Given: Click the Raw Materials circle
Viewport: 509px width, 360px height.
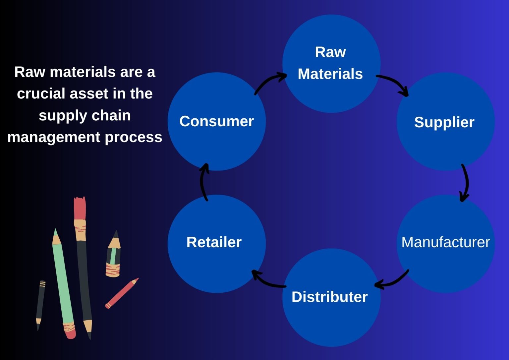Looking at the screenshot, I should coord(331,63).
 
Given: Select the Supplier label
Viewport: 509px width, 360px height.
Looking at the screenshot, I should coord(444,122).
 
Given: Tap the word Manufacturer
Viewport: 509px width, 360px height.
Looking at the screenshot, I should coord(445,242).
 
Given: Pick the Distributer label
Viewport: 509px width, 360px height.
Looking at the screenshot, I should coord(329,297).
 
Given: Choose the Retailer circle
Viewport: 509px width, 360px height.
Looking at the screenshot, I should coord(216,244).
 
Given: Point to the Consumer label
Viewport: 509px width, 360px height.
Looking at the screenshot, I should coord(216,121).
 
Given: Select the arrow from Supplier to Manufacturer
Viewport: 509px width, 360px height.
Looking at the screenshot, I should coord(465,182).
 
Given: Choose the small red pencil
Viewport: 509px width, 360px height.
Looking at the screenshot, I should coord(121,294).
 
